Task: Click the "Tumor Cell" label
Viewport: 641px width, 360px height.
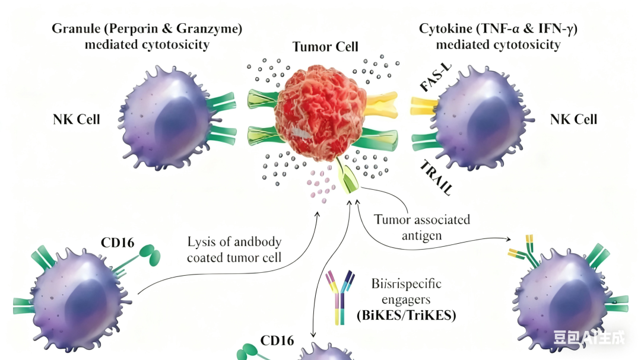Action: pyautogui.click(x=325, y=47)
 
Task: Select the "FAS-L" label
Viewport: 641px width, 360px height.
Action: pyautogui.click(x=435, y=81)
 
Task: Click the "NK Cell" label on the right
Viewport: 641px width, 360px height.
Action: pyautogui.click(x=573, y=120)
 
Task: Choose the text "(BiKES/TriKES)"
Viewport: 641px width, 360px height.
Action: pyautogui.click(x=406, y=316)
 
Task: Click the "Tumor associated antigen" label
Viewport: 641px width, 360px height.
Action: pyautogui.click(x=422, y=228)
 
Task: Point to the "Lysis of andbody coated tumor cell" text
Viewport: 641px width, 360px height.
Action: pyautogui.click(x=234, y=250)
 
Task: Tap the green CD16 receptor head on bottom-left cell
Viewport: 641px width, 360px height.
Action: pyautogui.click(x=150, y=256)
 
